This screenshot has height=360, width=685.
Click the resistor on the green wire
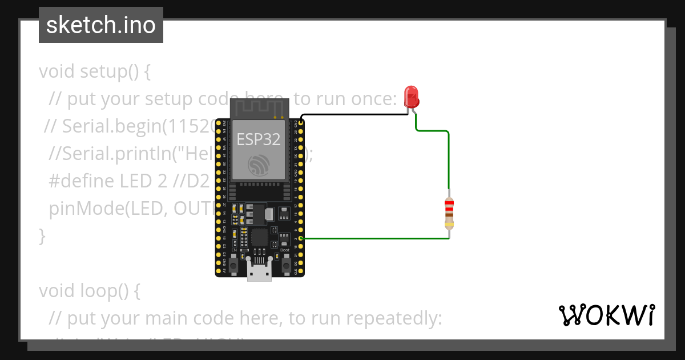(x=449, y=213)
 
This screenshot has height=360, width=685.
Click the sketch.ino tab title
(x=100, y=25)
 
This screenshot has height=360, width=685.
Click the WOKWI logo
(x=606, y=315)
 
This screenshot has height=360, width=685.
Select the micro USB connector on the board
(x=260, y=273)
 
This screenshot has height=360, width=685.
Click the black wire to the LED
(x=354, y=114)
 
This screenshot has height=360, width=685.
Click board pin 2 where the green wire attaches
(x=301, y=238)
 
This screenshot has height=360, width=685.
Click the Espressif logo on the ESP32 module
(x=260, y=165)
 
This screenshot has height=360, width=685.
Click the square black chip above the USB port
(x=260, y=237)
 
